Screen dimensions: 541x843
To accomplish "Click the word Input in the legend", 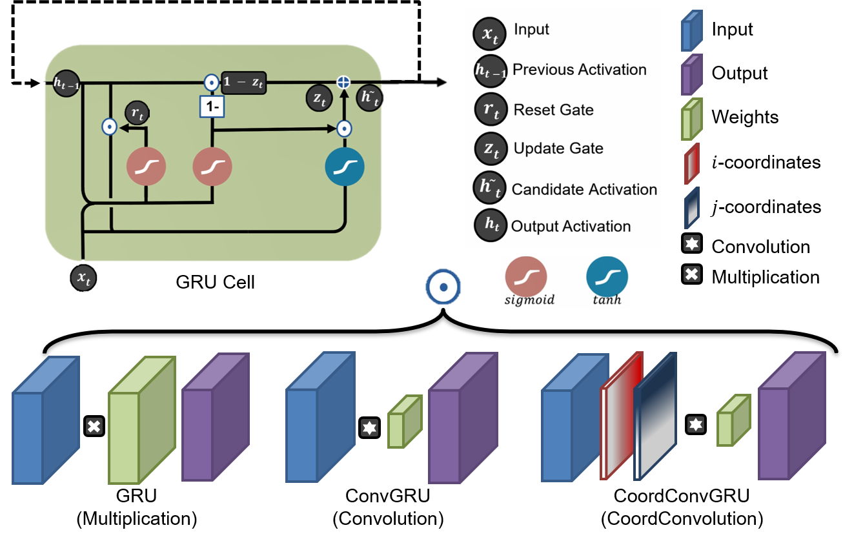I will click(531, 30).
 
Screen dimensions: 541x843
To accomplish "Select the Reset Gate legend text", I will click(553, 110).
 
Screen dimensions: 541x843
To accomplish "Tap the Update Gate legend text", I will click(558, 148).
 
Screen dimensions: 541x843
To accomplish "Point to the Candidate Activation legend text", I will click(584, 189).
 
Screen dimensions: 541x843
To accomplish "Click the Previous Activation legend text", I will click(579, 70).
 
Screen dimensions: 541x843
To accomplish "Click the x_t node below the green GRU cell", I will click(83, 278).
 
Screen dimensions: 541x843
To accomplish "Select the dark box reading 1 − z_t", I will click(243, 83).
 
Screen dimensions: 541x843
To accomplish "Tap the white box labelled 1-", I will click(212, 107).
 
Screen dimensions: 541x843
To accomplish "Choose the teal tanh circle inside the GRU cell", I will click(345, 167).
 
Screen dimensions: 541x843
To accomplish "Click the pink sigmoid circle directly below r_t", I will click(147, 167).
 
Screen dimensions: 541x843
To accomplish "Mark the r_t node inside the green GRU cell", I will click(136, 112).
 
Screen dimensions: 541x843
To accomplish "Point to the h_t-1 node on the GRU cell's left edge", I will click(65, 83).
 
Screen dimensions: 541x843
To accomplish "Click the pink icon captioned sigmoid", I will click(526, 277).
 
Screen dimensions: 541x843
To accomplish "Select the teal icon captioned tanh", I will click(607, 277).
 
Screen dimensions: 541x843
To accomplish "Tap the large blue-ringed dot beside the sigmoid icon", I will click(442, 287).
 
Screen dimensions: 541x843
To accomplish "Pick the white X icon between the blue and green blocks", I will click(94, 425).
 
